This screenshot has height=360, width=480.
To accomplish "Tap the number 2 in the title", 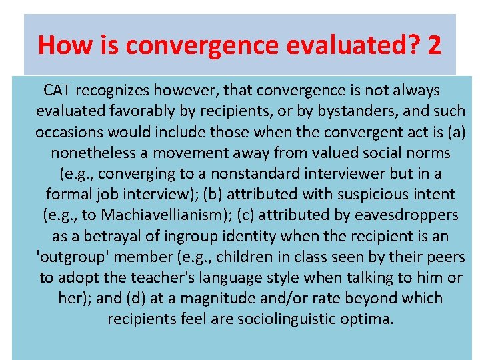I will coord(435,45).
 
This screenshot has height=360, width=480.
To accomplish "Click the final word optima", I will coord(370,319).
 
